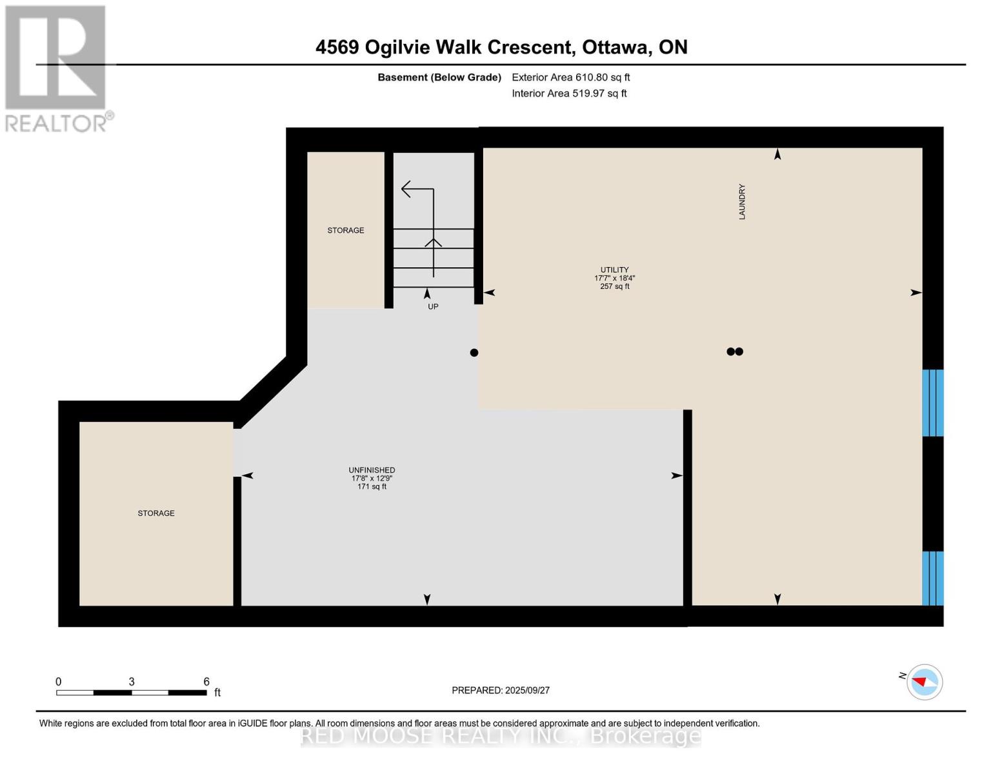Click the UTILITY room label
click(614, 270)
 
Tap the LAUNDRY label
click(742, 201)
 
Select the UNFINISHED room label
click(372, 470)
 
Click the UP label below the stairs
click(433, 306)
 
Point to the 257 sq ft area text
click(615, 286)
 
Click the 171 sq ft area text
click(372, 486)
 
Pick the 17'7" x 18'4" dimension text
click(615, 278)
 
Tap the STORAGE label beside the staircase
click(345, 230)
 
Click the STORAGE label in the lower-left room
click(156, 513)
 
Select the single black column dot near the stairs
click(474, 353)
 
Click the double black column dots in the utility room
click(735, 352)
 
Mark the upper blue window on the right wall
click(933, 402)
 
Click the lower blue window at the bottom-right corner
click(933, 578)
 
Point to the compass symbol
click(924, 682)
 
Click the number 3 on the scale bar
click(132, 681)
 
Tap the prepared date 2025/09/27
click(528, 690)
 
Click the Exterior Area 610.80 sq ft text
click(571, 77)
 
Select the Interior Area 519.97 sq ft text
click(570, 93)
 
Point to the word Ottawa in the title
click(617, 48)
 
